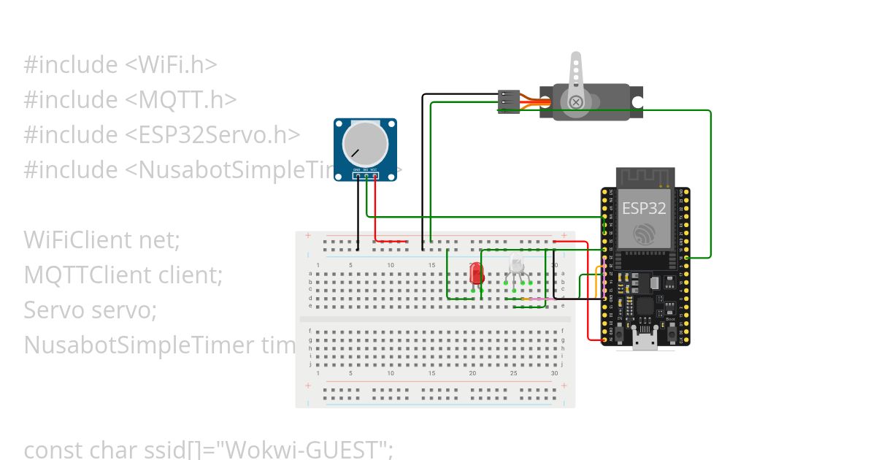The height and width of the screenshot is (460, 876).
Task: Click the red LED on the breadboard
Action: point(477,274)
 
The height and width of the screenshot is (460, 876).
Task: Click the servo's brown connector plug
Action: point(508,101)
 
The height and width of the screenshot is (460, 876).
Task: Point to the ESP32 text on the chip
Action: point(644,208)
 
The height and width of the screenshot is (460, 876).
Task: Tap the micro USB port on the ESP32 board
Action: point(645,340)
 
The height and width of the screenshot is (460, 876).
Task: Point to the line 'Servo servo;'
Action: point(91,310)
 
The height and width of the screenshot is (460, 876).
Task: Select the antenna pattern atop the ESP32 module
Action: point(644,177)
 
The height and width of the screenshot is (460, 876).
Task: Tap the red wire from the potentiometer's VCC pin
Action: point(375,212)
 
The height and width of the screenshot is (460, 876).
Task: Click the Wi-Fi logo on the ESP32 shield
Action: point(645,234)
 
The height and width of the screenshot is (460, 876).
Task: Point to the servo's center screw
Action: point(576,101)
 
